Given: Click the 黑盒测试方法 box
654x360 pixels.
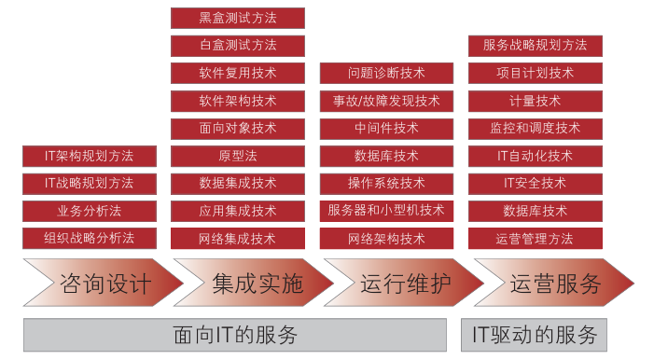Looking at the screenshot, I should point(238,18).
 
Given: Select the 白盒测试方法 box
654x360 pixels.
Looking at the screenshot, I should point(238,45).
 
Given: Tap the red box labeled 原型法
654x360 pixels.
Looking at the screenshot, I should point(238,156).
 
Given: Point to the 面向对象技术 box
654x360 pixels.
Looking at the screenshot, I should point(238,128).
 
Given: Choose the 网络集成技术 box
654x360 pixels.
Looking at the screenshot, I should point(238,239).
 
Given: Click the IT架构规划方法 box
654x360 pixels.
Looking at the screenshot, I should point(89,156).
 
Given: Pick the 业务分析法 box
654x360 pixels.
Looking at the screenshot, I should point(89,211).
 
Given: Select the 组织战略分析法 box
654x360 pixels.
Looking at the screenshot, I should point(89,239).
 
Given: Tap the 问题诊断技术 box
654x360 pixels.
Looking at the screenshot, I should point(387,73).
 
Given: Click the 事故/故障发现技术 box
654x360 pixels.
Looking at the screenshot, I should point(387,101).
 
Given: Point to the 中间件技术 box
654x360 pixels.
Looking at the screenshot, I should point(387,128).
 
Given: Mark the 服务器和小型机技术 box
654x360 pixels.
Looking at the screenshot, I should point(387,211).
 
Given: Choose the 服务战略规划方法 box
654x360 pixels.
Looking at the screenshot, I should point(536,45).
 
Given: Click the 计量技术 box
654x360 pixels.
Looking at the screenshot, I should point(536,101).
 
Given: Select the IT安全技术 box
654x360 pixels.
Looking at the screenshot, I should point(536,183).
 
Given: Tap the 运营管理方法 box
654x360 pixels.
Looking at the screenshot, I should point(536,239).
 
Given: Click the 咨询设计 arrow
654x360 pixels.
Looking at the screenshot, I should point(103,284).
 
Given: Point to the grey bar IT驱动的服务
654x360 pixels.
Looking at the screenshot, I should point(535,335).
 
